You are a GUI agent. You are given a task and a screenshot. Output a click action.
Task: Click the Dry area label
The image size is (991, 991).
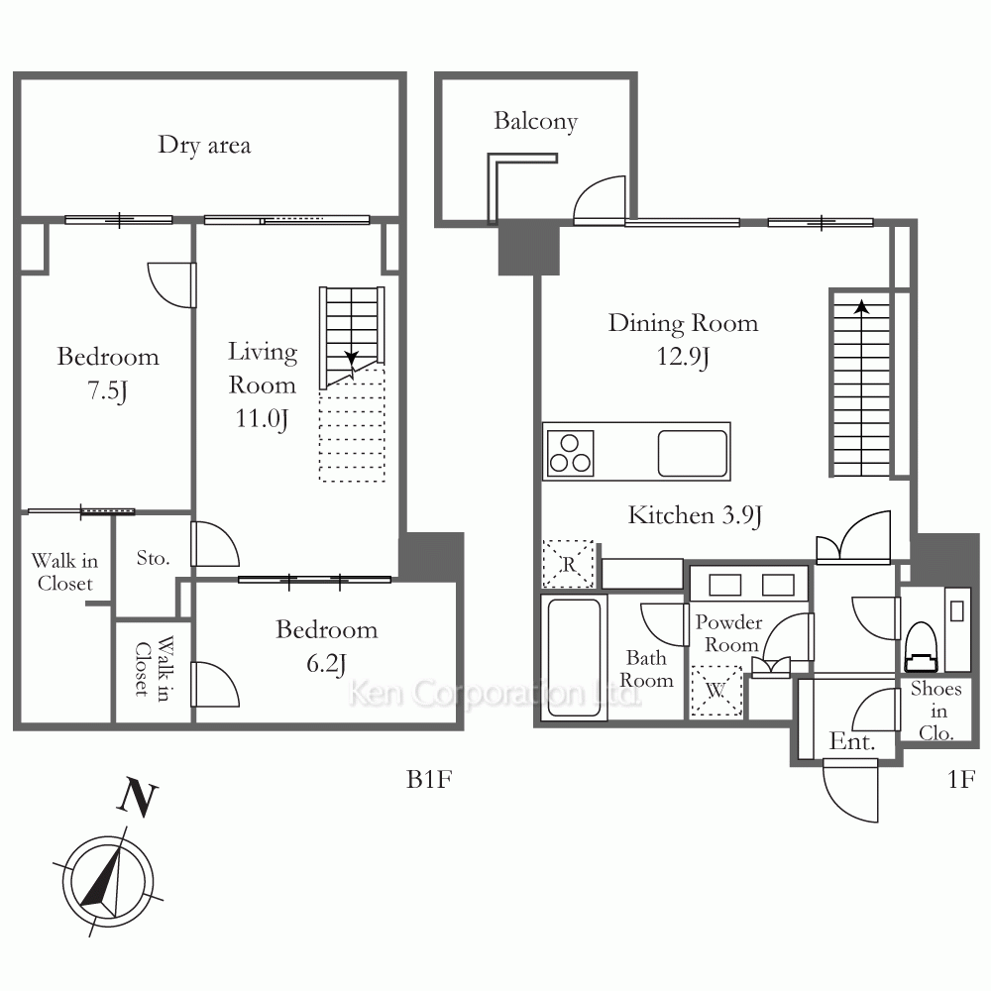coord(204,145)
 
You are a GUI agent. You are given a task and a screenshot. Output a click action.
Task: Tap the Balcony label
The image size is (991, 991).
coord(535,121)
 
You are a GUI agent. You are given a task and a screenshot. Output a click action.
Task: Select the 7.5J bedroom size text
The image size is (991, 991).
coord(107,389)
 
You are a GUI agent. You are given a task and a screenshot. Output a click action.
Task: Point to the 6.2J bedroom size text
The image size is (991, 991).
coord(326,664)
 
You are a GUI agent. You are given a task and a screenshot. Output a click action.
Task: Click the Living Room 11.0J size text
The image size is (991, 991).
coord(262,418)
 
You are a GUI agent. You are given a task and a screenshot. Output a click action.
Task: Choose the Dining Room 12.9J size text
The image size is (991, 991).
coord(683,357)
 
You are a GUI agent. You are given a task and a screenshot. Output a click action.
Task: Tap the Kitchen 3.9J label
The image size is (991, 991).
coord(695,515)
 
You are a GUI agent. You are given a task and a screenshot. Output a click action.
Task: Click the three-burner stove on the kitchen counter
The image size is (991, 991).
coord(570,454)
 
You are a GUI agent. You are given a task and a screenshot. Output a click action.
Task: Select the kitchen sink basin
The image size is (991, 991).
coord(692,453)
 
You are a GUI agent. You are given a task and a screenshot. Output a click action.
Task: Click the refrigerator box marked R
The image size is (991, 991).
coord(568,564)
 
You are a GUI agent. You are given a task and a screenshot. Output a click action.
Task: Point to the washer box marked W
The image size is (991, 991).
coord(716,691)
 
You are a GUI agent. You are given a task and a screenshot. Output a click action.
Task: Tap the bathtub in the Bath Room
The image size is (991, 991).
coord(574,657)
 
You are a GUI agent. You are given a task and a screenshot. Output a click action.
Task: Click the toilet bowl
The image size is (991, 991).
coord(921,646)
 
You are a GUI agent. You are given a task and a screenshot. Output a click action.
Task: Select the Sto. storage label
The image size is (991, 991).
coord(153,558)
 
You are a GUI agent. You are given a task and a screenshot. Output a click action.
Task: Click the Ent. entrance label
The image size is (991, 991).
coord(852,741)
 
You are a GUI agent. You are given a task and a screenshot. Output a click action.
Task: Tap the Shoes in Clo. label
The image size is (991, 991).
coord(936,711)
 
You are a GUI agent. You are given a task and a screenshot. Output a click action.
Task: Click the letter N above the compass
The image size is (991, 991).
coord(138,798)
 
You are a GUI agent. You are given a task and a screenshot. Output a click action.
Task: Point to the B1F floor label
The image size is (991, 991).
coord(429,779)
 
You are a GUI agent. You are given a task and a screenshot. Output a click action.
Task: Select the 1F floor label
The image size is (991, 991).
coord(961,779)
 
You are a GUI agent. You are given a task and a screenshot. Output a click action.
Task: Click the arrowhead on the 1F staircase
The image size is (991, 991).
coord(861,307)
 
